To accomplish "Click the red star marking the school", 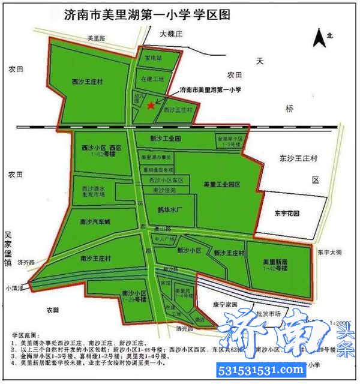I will pyautogui.click(x=151, y=105).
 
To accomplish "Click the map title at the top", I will pyautogui.click(x=148, y=14).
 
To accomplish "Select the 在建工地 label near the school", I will pyautogui.click(x=151, y=79).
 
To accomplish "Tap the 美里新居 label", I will pyautogui.click(x=277, y=262).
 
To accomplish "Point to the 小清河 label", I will pyautogui.click(x=13, y=288).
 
